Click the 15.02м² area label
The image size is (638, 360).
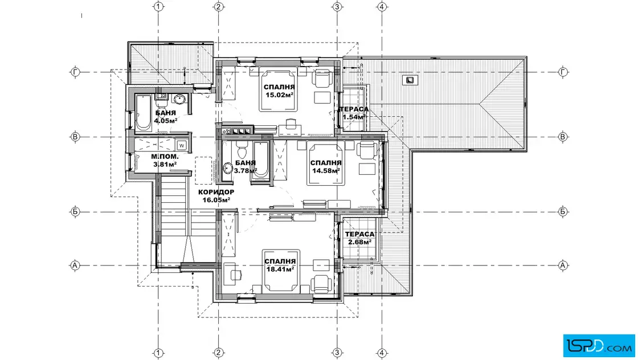click(280, 95)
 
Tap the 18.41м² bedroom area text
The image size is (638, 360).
click(280, 269)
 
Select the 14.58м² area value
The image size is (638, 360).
click(326, 171)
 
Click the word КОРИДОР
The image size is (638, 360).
click(216, 192)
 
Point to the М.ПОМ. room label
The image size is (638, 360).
click(165, 157)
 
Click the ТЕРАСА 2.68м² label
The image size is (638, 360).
click(359, 238)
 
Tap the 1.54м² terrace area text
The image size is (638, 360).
click(354, 117)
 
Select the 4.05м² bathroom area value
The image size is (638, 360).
click(166, 121)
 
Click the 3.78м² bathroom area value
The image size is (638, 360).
click(245, 171)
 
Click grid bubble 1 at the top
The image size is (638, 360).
click(158, 6)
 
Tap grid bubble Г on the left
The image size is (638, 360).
click(75, 72)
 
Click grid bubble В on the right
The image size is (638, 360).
click(563, 137)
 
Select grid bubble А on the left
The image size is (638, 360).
click(75, 265)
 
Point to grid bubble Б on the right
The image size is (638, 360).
click(563, 211)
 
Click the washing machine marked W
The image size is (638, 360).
click(182, 145)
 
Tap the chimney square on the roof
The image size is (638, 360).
click(410, 80)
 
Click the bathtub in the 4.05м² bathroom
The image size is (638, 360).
click(142, 113)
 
